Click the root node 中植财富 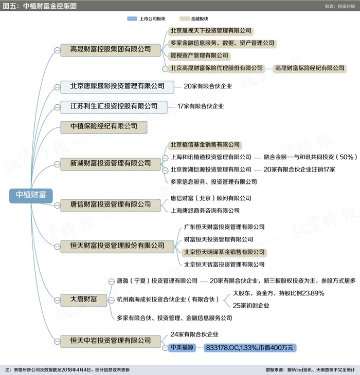pos(31,195)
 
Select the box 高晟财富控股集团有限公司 pos(111,49)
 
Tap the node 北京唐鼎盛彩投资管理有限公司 pos(117,86)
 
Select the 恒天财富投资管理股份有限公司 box pos(117,246)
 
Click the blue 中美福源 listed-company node pos(182,347)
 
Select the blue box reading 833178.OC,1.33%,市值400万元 pos(249,348)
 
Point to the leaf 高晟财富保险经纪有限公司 pos(310,68)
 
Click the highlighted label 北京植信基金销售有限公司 pos(205,145)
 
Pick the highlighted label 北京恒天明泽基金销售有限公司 pos(224,252)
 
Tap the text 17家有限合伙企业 pos(201,106)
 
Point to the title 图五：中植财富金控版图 pos(40,6)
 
